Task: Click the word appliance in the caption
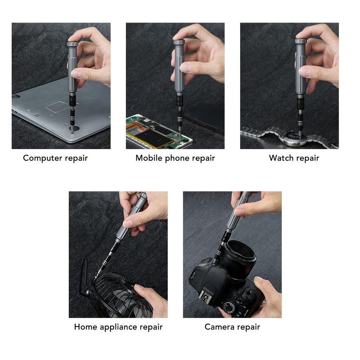pyautogui.click(x=118, y=327)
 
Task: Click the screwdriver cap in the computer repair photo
pyautogui.click(x=72, y=44)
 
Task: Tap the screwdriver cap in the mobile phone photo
pyautogui.click(x=179, y=42)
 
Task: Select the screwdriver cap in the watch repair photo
pyautogui.click(x=301, y=41)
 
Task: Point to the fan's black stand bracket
pyautogui.click(x=84, y=278)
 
